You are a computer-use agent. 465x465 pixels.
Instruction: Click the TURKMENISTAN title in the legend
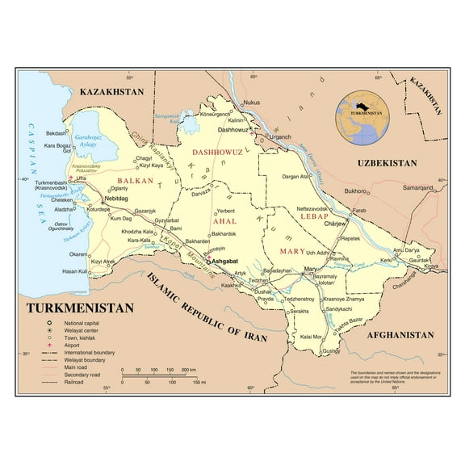pos(80,308)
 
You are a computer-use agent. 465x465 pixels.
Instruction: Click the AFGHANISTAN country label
pos(400,335)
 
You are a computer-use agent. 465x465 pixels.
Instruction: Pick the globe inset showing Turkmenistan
pos(362,115)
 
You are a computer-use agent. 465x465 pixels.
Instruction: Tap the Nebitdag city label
pos(117,198)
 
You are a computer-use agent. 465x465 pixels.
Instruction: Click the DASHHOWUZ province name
pos(217,151)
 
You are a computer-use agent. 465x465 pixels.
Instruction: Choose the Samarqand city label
pos(420,187)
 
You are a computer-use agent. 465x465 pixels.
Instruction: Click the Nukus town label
pos(252,103)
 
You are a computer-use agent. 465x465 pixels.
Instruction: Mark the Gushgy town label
pos(332,352)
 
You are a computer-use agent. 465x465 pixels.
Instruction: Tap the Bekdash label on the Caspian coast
pos(57,133)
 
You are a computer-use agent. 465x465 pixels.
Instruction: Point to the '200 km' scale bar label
pos(187,369)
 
